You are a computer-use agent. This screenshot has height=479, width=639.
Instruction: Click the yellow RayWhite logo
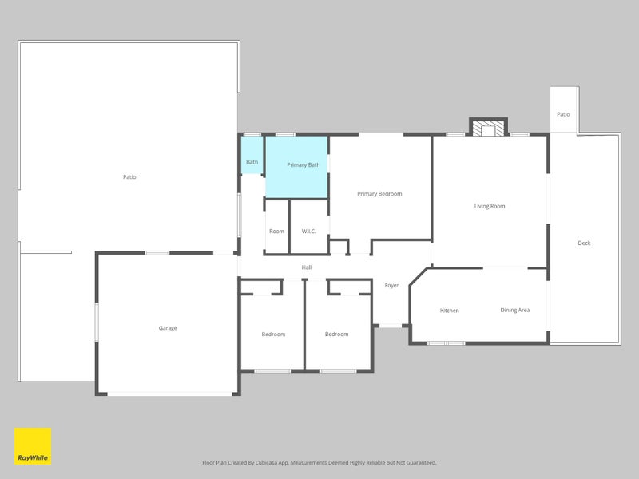pos(33,446)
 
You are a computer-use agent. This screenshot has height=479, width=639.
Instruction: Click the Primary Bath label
pos(304,165)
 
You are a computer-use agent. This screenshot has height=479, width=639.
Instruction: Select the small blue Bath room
pos(252,155)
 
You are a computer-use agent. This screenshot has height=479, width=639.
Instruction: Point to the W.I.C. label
pos(308,232)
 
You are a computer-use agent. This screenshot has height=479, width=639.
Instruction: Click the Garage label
pos(168,328)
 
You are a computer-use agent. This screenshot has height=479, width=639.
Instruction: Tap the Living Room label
pos(490,206)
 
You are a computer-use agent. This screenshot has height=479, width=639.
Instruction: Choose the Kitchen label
pos(450,311)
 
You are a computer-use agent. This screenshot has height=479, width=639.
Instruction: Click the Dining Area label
pos(515,311)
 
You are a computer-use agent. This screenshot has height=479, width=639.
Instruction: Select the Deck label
pos(584,243)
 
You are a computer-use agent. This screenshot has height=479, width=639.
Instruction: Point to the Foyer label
pos(391,286)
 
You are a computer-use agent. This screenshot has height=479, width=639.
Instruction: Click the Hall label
pos(307,267)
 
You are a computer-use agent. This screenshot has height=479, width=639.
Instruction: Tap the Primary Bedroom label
pos(379,194)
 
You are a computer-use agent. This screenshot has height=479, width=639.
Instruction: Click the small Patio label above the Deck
pos(563,114)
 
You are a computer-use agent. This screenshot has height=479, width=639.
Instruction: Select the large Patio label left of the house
pos(129,177)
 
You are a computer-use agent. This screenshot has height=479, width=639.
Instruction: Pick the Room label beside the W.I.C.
pos(276,232)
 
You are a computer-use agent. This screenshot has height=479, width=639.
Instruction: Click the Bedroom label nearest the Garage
pos(273,335)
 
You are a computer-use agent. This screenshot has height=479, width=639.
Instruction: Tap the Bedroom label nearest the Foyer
pos(336,335)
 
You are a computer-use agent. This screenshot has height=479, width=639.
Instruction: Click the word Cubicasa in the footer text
pos(267,463)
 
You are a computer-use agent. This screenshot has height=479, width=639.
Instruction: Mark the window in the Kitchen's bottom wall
pos(447,343)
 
